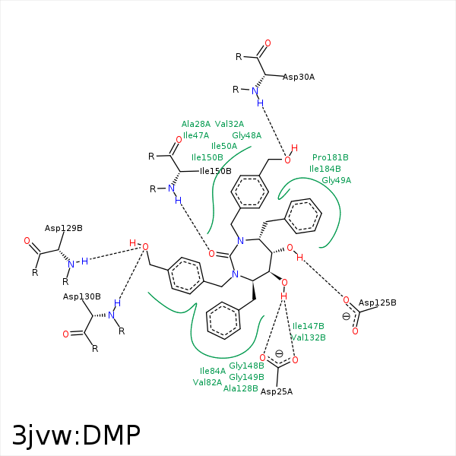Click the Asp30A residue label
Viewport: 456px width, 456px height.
tap(299, 77)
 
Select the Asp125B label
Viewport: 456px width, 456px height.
tap(378, 302)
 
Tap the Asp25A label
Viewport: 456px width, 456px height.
tap(277, 391)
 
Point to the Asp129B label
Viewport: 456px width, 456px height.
tap(64, 228)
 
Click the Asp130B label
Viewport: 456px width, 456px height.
tap(82, 296)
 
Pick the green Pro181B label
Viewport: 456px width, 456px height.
tap(331, 158)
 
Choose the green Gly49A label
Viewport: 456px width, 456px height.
tap(337, 180)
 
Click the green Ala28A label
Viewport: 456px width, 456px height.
tap(196, 124)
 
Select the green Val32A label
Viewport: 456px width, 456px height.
tap(230, 124)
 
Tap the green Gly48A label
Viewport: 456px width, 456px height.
tap(247, 135)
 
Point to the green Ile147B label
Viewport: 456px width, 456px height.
tap(309, 326)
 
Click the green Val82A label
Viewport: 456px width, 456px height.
tap(207, 382)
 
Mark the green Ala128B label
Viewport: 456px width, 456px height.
tap(241, 388)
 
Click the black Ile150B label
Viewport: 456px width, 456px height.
tap(216, 171)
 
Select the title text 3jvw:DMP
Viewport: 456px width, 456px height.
tap(76, 435)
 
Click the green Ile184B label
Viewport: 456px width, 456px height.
tap(325, 169)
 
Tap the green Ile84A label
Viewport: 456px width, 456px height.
tap(213, 371)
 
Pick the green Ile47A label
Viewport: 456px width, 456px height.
tap(196, 135)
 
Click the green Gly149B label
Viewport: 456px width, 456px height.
tap(247, 377)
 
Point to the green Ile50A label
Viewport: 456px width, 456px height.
tap(224, 146)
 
